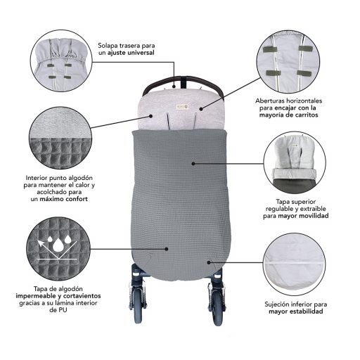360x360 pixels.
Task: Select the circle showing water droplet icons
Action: [58, 249]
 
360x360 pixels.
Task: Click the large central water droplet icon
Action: [58, 245]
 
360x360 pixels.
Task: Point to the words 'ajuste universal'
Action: [131, 53]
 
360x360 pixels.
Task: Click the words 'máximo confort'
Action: [64, 199]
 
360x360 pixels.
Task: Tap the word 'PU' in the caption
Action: [62, 310]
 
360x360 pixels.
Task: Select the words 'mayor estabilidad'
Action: [296, 311]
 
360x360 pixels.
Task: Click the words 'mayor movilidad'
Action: [303, 216]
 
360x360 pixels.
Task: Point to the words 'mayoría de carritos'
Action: [288, 115]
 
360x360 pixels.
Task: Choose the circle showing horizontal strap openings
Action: [288, 62]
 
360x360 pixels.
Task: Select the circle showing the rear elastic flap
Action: [61, 60]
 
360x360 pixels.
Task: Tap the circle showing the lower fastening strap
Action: [295, 264]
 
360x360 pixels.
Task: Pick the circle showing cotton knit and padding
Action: [60, 138]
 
